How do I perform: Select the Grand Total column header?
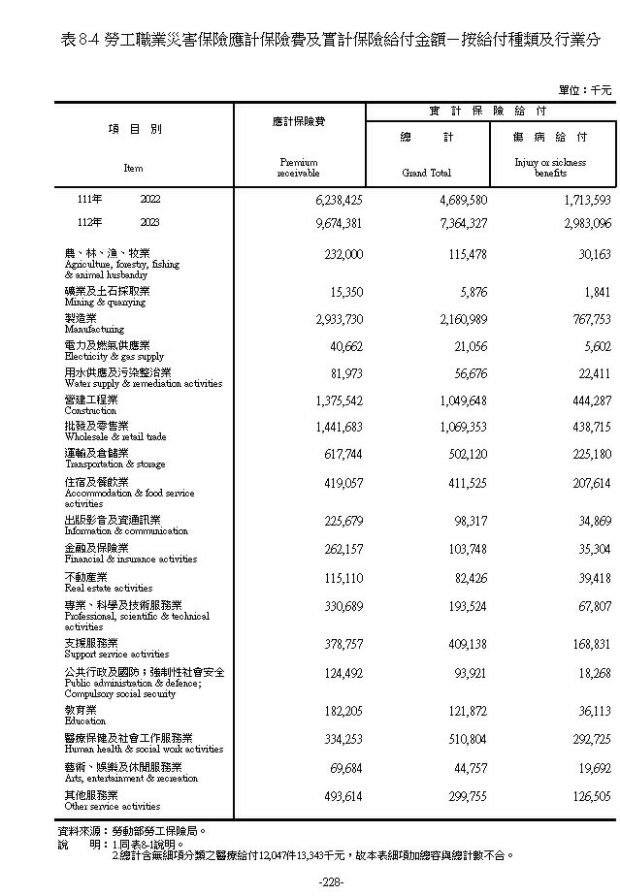(427, 174)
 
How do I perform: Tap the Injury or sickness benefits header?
(550, 168)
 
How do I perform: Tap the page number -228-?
(332, 880)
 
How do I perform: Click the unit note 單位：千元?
(585, 90)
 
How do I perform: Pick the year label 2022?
(149, 200)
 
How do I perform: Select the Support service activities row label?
(116, 649)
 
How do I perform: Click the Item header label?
(133, 168)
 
